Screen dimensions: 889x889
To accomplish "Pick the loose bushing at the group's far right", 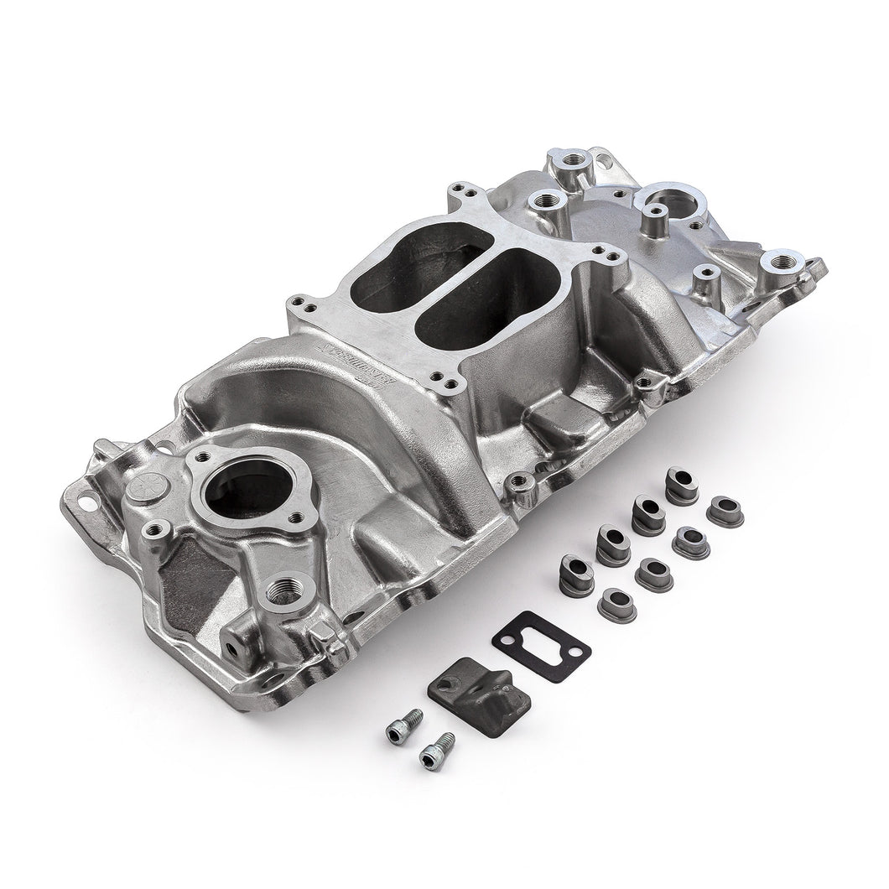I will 725,511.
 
